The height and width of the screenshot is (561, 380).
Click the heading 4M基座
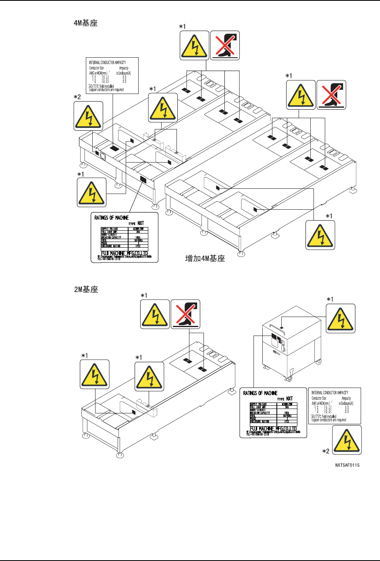(x=85, y=23)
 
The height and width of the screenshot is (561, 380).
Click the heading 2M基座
(x=86, y=289)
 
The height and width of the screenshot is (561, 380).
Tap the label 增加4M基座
(x=205, y=259)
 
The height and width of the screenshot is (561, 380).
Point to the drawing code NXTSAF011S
(x=347, y=465)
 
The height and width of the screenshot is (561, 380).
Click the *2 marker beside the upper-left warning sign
(x=77, y=97)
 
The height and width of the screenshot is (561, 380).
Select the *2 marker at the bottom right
(x=326, y=451)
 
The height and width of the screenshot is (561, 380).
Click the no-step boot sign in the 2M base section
(x=185, y=314)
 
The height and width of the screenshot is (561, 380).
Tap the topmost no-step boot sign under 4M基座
(x=225, y=45)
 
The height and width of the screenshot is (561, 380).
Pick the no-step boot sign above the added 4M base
(x=331, y=95)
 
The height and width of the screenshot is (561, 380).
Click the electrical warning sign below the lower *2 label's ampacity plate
(x=347, y=440)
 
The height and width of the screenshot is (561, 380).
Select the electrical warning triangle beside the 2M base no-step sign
(x=155, y=314)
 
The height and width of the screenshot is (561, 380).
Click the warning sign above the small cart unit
(x=341, y=318)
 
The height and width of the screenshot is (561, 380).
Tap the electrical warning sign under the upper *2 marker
(x=88, y=116)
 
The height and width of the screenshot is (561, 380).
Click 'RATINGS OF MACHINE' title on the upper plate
(x=112, y=218)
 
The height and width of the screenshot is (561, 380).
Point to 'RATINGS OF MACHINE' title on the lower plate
(x=260, y=393)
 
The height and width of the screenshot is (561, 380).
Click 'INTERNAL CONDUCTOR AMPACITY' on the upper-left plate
(x=108, y=63)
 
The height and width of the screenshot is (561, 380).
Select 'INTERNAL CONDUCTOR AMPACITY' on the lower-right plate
(x=330, y=392)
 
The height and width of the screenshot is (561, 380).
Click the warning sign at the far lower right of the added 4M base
(x=320, y=235)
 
